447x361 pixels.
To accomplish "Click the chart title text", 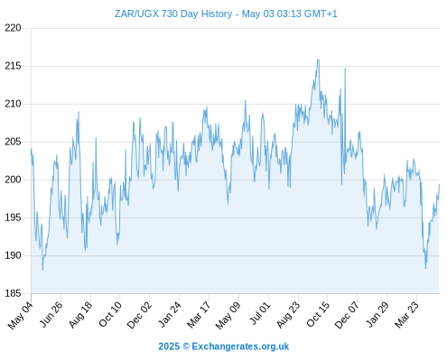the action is (226, 14).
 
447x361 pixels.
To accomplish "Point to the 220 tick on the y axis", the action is (13, 28).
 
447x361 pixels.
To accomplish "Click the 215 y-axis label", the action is (13, 66).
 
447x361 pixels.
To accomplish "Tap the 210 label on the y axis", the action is (13, 104).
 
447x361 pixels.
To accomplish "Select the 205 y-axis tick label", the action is (13, 142).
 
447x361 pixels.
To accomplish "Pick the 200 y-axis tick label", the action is (13, 180).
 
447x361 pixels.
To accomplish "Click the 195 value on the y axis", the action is (13, 218).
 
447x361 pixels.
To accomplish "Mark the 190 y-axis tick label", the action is (13, 255).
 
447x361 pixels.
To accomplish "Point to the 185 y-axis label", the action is (13, 293).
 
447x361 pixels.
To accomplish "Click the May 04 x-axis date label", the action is (20, 315).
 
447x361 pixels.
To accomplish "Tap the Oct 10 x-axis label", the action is (110, 314).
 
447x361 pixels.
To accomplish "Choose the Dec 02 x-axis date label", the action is (139, 315).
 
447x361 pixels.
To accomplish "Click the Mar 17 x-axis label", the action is (199, 315).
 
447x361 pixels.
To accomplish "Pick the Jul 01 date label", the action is (260, 313).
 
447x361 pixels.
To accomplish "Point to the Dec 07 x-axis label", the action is (347, 315).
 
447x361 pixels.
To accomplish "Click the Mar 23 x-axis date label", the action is (406, 315).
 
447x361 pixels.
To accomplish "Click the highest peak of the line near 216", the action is (318, 60).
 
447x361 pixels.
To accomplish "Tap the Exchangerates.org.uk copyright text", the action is (224, 347).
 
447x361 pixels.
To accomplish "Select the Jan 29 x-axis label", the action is (377, 314).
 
